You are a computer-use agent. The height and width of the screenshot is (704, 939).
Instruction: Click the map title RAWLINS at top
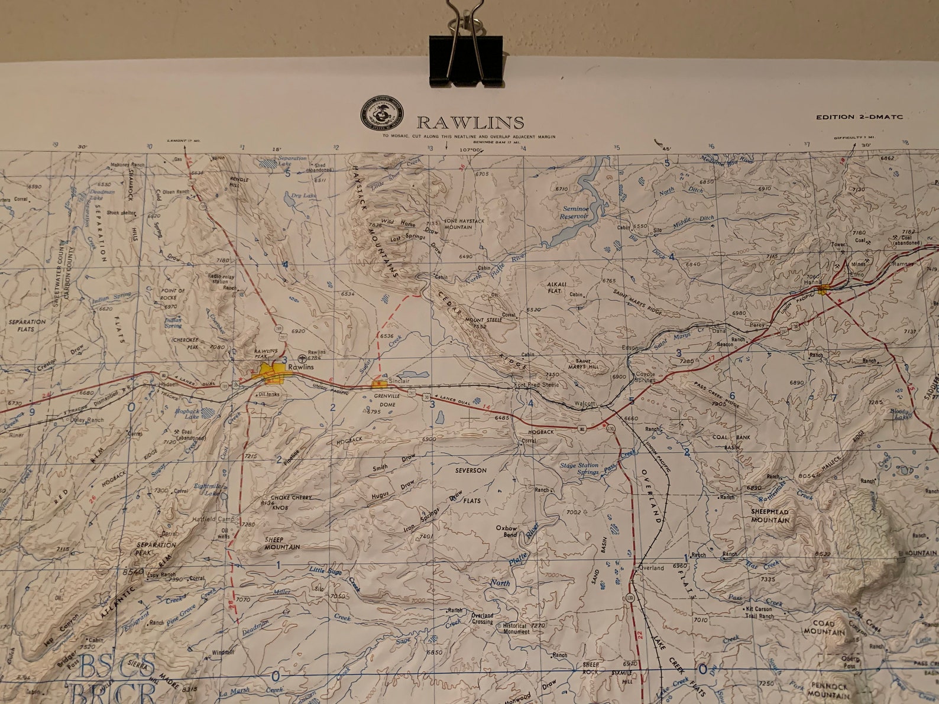(x=470, y=122)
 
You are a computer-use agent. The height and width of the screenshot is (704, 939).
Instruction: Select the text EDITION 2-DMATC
(x=859, y=117)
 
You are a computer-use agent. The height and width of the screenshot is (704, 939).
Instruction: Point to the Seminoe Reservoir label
(x=574, y=213)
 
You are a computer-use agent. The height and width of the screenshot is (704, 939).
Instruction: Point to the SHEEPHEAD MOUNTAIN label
(x=770, y=515)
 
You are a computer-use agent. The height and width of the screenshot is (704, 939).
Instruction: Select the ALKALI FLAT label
(x=558, y=288)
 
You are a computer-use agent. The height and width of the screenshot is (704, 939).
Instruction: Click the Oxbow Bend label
(x=507, y=531)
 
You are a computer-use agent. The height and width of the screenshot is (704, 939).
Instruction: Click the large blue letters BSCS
(x=117, y=667)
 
